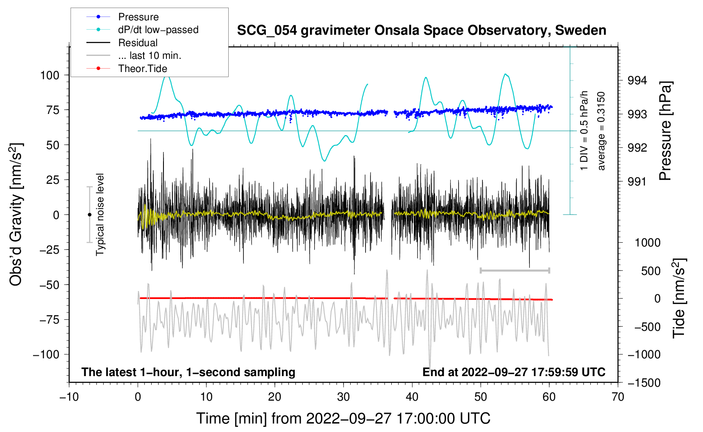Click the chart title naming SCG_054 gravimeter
click(421, 30)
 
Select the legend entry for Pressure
click(138, 17)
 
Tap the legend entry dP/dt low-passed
click(158, 30)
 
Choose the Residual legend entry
click(138, 43)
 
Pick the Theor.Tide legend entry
click(142, 69)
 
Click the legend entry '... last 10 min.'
click(149, 55)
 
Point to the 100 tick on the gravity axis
click(49, 75)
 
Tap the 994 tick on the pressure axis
click(637, 80)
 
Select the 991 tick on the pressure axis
click(637, 182)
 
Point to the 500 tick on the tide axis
click(650, 271)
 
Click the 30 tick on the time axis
click(343, 397)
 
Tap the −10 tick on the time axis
click(69, 397)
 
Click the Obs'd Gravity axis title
click(16, 214)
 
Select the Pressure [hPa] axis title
click(665, 131)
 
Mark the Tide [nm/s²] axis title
click(679, 298)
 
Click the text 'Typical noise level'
click(100, 214)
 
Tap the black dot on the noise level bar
click(89, 215)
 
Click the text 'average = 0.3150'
click(601, 131)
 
